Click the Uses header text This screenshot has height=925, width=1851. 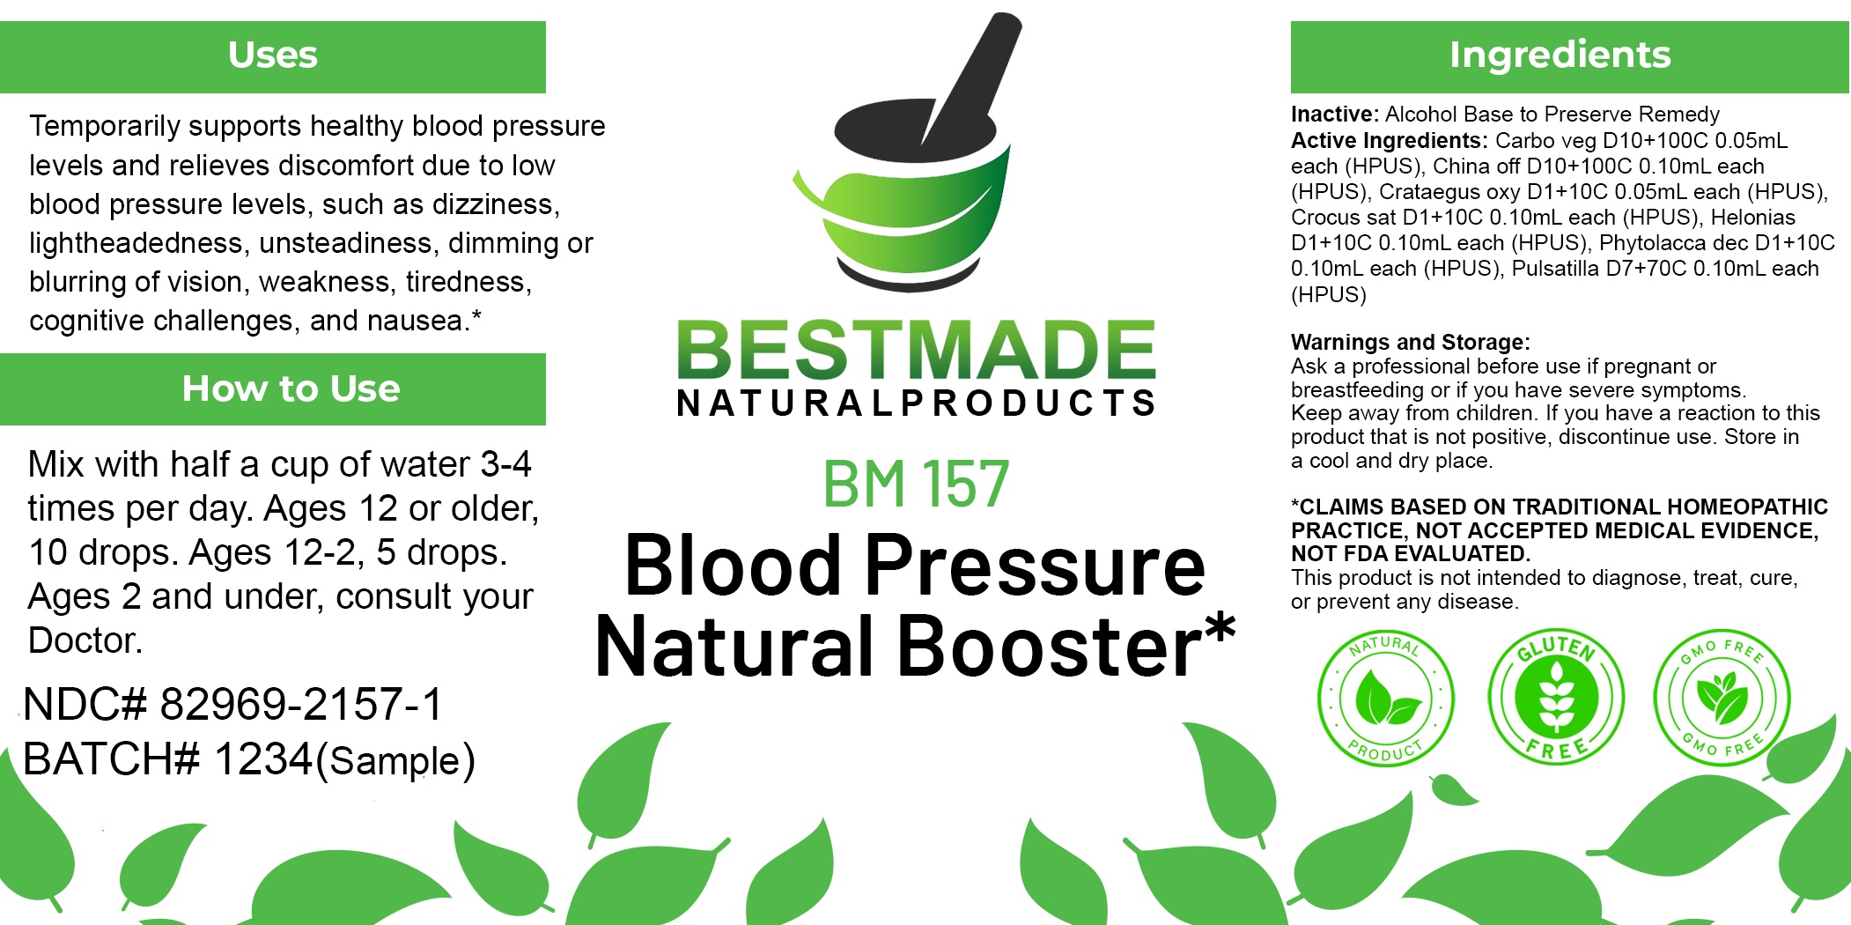(272, 55)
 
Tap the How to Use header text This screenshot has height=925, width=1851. (291, 388)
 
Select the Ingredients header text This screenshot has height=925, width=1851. (1560, 55)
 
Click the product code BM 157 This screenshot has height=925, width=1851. (916, 484)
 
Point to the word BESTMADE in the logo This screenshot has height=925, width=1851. (916, 350)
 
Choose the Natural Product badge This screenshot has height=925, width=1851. (1385, 699)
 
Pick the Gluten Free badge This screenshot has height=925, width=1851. (1556, 697)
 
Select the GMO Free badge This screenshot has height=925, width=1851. (1722, 697)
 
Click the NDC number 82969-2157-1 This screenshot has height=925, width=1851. (301, 705)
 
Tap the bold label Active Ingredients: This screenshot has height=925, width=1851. (1389, 141)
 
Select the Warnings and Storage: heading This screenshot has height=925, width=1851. (1411, 342)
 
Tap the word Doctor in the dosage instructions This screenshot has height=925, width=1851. (83, 640)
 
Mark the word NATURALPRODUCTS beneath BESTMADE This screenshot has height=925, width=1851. (916, 403)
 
